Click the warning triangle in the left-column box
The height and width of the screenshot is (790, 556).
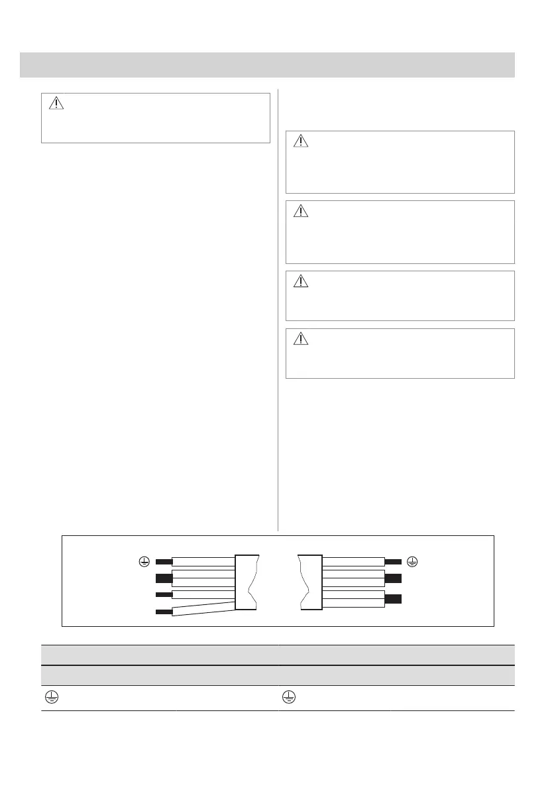[x=56, y=103]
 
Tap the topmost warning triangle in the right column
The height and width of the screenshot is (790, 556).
[x=301, y=141]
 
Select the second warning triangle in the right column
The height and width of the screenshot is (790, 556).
[x=301, y=212]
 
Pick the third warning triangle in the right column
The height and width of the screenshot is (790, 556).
[x=301, y=281]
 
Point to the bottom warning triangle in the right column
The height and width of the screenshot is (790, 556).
[x=301, y=339]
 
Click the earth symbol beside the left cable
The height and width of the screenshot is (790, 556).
[x=142, y=562]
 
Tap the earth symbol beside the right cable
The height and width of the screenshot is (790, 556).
[x=412, y=562]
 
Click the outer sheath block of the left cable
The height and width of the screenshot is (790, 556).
[x=247, y=582]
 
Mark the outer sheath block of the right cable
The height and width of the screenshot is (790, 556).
[x=311, y=582]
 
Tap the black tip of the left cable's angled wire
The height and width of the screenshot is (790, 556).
[x=163, y=612]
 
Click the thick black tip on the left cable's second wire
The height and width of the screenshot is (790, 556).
[x=163, y=578]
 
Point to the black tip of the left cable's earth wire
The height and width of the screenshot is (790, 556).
[x=163, y=562]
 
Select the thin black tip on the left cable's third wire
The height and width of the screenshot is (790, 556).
[x=163, y=594]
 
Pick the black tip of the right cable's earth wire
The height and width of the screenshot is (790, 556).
[x=392, y=562]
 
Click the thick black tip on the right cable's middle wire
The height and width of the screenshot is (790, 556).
[x=392, y=578]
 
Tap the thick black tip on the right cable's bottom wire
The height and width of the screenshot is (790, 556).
[x=392, y=599]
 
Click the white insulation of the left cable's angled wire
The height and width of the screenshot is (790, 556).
[x=203, y=607]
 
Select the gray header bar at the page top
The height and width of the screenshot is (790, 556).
[x=267, y=64]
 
